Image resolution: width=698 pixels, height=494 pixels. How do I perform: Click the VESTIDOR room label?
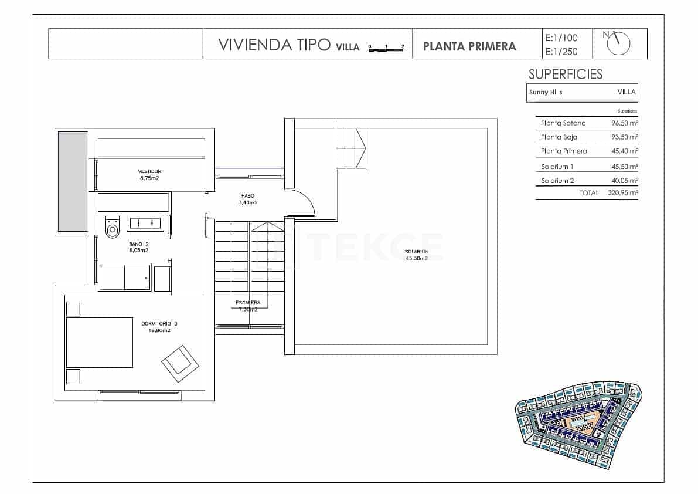pos(149,174)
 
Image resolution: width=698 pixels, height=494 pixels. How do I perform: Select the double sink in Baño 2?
pos(145,223)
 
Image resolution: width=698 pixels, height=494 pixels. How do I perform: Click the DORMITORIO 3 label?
pos(159,327)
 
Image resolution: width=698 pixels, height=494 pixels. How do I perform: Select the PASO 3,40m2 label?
pos(248,199)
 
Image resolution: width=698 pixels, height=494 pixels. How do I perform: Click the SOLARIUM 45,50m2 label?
pos(416,255)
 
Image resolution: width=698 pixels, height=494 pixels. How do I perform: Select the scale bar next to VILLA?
pos(386,48)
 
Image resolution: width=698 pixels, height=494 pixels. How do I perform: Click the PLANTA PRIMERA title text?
pos(469,46)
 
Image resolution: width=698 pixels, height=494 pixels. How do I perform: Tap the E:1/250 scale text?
pos(561,52)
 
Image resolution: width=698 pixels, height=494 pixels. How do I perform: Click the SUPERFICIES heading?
pos(565,74)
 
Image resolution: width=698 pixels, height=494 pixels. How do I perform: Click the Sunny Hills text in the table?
pos(545,92)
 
